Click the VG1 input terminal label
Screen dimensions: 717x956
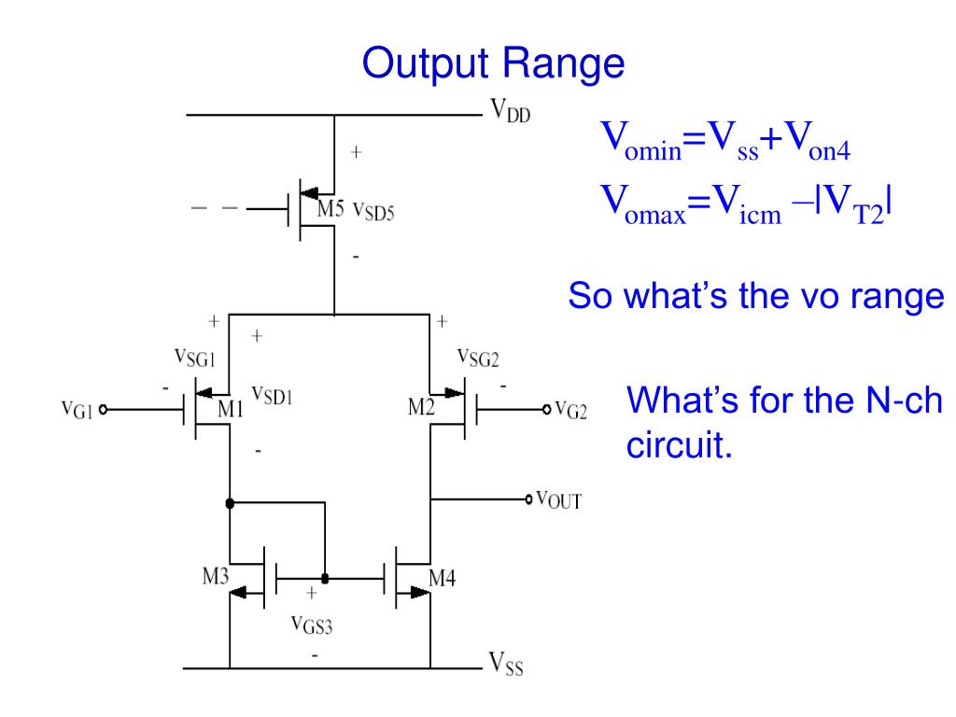click(x=77, y=411)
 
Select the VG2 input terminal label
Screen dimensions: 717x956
click(x=570, y=410)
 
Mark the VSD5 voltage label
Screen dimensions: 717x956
click(x=373, y=211)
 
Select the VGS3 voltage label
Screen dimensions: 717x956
click(x=313, y=624)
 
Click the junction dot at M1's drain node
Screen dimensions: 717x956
click(x=229, y=502)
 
